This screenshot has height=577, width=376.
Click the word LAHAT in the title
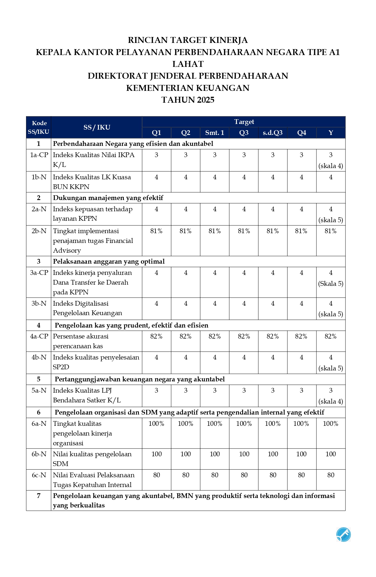click(188, 64)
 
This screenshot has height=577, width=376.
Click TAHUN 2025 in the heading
click(188, 100)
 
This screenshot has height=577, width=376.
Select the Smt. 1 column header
click(215, 133)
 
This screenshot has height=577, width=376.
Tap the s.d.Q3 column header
click(273, 133)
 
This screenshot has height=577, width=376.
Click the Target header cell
click(244, 122)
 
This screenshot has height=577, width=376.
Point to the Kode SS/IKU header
click(39, 127)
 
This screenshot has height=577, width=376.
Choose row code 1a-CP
click(39, 155)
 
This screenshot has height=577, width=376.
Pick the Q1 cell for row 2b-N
click(156, 231)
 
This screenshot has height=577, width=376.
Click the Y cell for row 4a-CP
click(331, 336)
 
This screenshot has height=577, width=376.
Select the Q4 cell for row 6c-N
click(301, 475)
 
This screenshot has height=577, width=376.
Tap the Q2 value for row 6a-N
click(186, 424)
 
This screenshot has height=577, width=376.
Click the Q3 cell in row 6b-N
click(244, 454)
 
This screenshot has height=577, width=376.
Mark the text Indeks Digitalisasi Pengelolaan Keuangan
click(87, 308)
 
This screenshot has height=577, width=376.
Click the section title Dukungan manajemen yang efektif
click(108, 198)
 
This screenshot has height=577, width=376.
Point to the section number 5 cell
click(39, 379)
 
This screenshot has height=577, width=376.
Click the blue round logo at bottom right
click(343, 534)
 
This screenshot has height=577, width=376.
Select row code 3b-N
click(39, 304)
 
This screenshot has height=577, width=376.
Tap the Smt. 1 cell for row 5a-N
click(215, 391)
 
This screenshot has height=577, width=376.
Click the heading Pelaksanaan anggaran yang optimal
click(109, 262)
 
